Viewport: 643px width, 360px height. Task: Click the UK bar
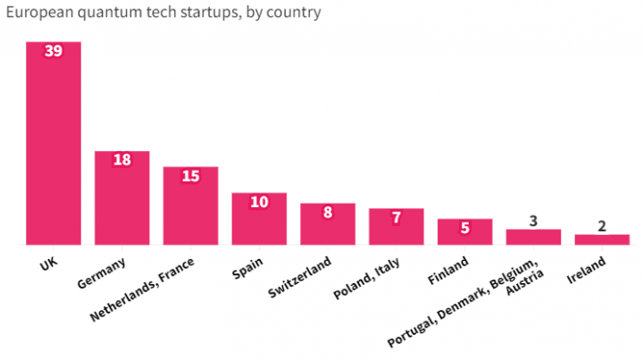(x=54, y=143)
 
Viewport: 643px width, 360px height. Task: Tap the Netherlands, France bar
(x=190, y=206)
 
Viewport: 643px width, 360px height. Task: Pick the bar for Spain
(x=259, y=219)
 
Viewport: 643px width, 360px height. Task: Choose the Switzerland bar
(x=328, y=224)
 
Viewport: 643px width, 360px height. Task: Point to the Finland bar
(x=464, y=232)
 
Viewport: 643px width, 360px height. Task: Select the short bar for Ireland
(x=602, y=239)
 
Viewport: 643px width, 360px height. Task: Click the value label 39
(x=54, y=52)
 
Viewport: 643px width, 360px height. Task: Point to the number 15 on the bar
(x=190, y=176)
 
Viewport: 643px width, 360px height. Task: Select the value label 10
(x=259, y=202)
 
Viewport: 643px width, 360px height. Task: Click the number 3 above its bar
(x=533, y=220)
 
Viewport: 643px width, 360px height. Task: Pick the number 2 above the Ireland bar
(x=602, y=225)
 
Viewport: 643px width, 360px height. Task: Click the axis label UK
(x=50, y=265)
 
